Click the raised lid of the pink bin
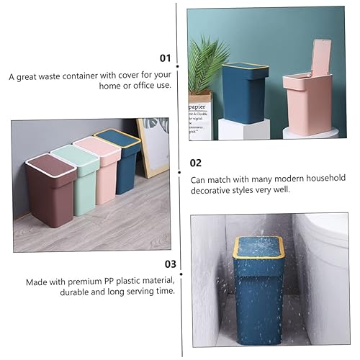322,57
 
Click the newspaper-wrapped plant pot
201,115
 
